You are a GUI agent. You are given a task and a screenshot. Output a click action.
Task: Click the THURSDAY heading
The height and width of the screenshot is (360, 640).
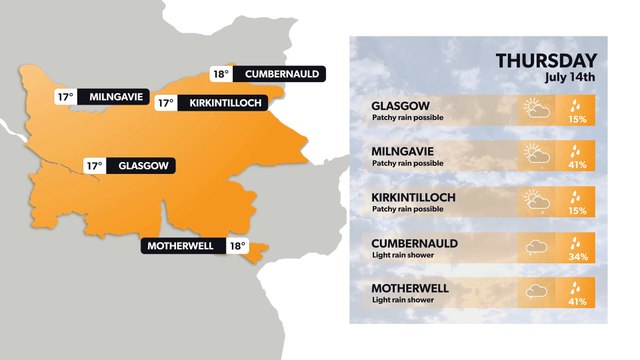546,61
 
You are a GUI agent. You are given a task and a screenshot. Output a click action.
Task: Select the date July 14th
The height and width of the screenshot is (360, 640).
570,77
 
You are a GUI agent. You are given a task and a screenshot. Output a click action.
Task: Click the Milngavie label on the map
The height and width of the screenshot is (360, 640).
117,97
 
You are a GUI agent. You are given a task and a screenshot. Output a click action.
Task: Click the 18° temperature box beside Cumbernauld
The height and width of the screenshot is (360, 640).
222,73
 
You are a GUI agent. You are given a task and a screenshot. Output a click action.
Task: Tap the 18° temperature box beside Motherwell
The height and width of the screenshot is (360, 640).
237,246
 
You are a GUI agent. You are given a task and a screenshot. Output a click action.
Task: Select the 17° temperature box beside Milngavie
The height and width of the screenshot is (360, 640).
65,97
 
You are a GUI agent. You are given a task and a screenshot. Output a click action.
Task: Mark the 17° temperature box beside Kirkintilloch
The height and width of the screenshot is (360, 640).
165,102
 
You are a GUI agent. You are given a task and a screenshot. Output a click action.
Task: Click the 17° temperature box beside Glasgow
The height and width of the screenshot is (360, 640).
95,166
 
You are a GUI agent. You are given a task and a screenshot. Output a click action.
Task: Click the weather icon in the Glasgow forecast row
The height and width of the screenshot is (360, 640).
536,110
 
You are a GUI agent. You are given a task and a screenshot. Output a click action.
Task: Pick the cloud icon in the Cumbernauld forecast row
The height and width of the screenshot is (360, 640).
536,247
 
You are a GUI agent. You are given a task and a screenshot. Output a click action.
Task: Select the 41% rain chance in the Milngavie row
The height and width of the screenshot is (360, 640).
577,165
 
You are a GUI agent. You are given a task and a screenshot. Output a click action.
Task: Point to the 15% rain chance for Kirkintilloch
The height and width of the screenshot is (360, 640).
577,211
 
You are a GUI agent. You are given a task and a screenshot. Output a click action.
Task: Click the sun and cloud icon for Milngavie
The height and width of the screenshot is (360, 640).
536,155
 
